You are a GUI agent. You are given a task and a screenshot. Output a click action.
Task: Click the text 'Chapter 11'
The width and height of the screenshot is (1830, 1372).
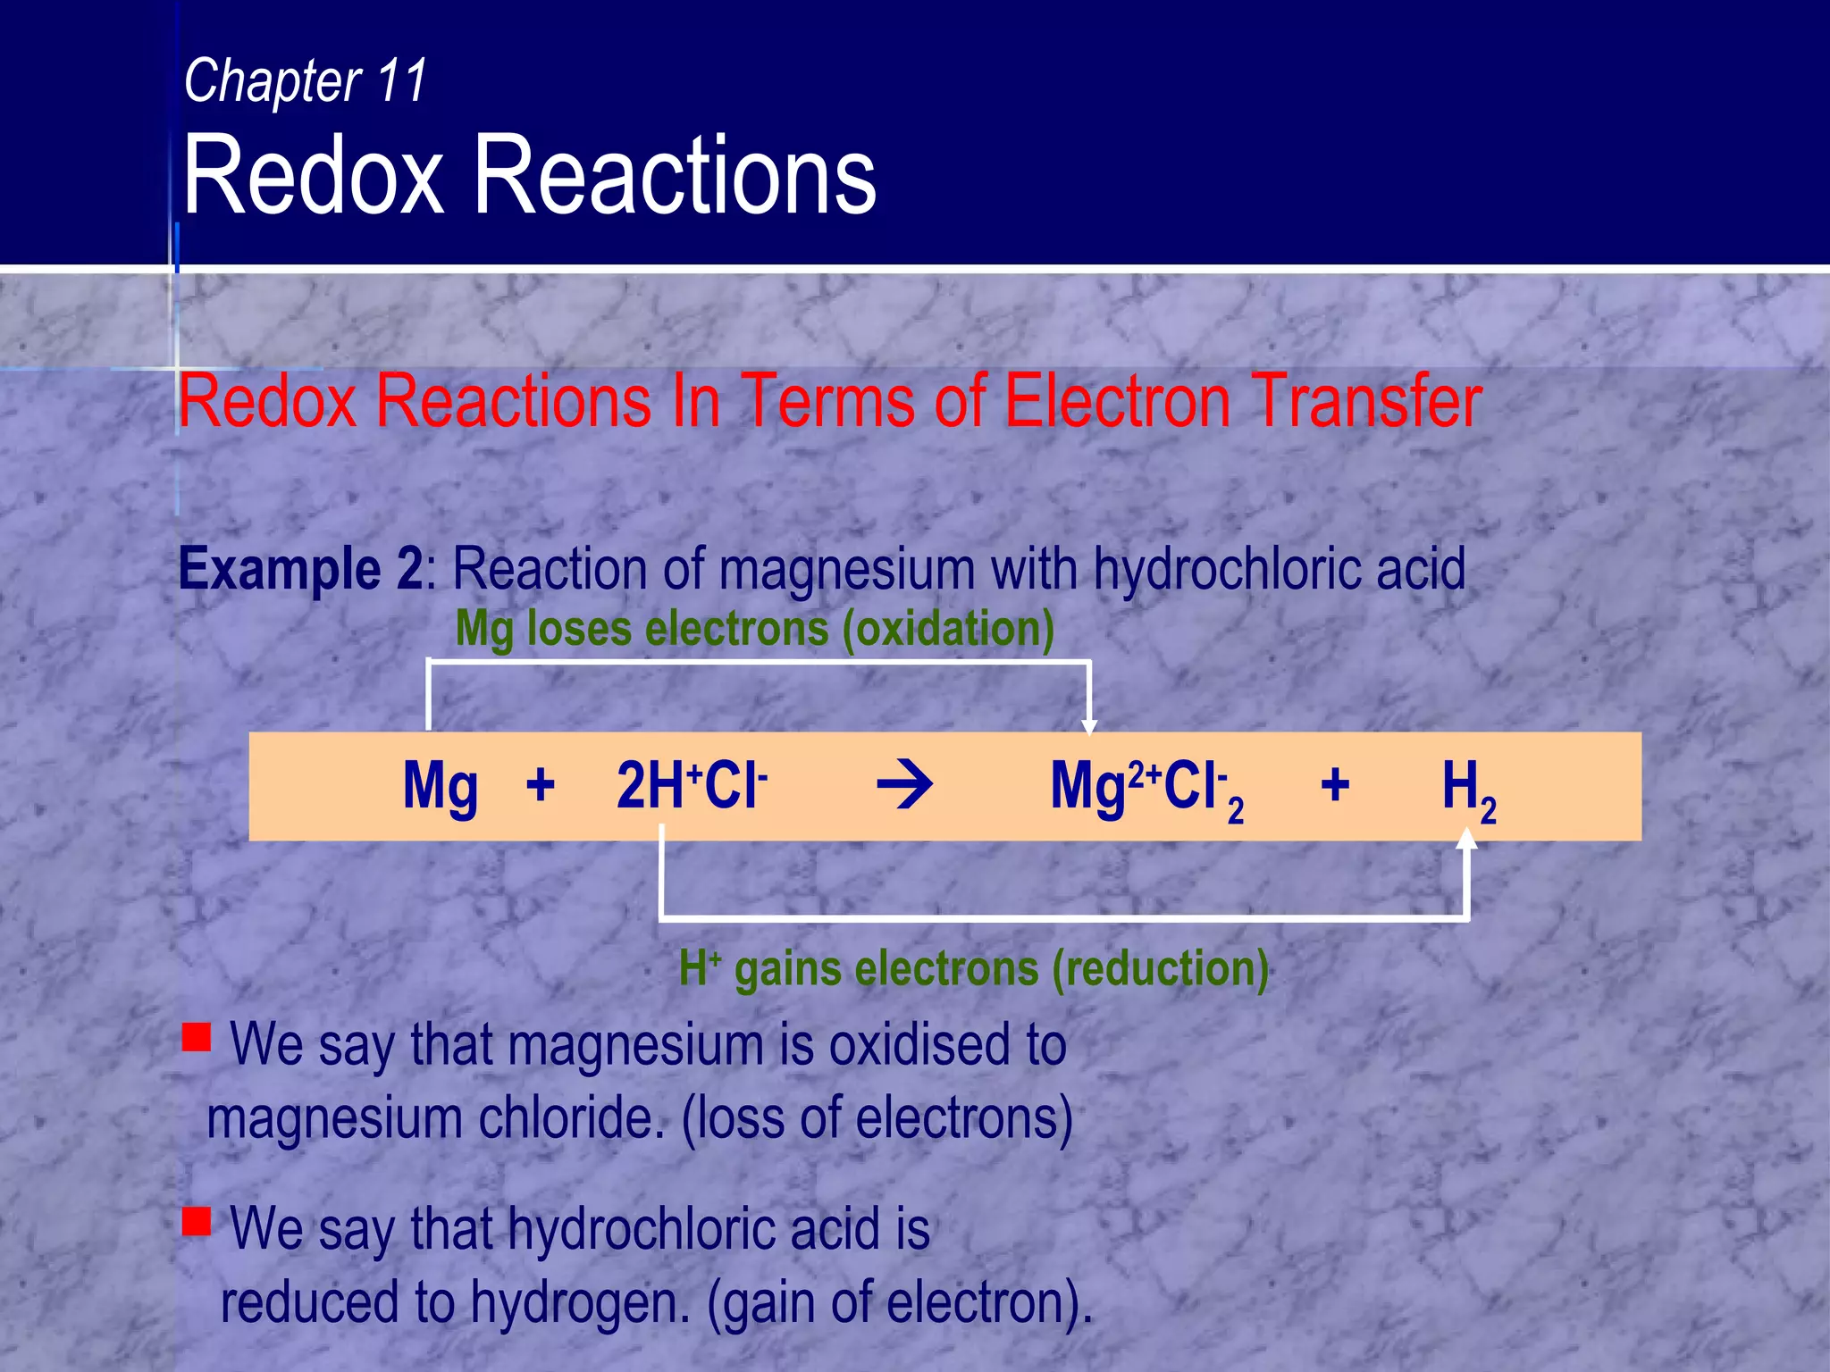pos(305,80)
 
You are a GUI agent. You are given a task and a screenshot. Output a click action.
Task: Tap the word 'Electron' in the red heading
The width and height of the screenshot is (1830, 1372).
pos(1116,401)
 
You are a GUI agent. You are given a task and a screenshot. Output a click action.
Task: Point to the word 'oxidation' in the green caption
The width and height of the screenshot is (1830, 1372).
pos(948,629)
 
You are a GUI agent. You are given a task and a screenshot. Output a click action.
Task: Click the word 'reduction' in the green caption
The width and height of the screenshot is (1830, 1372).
pos(1160,968)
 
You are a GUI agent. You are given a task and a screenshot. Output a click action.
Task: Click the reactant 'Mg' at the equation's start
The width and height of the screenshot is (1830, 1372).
pos(440,786)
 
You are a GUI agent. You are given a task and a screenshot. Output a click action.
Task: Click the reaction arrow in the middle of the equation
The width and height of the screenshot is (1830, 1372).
pos(904,786)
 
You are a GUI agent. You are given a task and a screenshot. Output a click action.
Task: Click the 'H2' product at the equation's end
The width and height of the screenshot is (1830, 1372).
pos(1468,790)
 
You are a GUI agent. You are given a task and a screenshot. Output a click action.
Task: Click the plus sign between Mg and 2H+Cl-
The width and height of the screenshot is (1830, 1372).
pos(541,786)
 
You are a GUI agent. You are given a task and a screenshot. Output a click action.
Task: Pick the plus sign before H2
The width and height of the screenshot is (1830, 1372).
pos(1335,786)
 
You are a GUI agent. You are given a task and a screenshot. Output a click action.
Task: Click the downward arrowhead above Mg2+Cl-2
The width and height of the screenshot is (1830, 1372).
pos(1088,725)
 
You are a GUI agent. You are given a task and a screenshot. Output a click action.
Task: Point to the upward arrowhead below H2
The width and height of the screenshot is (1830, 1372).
pos(1466,840)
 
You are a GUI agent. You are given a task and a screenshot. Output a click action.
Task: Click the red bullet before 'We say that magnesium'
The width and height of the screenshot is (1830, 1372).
pos(197,1037)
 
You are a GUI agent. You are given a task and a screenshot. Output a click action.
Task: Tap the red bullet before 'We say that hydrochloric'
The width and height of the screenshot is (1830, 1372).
pos(197,1220)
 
